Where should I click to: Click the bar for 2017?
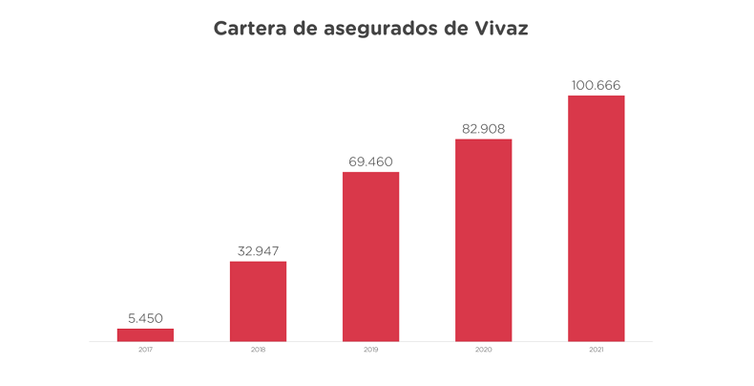click(145, 334)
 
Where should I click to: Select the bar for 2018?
click(258, 301)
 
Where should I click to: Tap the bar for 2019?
click(370, 256)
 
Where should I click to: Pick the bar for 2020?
click(483, 240)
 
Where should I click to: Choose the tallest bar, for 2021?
click(596, 218)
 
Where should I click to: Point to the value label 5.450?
click(145, 318)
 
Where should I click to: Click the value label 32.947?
click(258, 251)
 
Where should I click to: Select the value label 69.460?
click(370, 161)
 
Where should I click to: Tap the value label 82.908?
click(483, 129)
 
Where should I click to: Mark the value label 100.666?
click(596, 85)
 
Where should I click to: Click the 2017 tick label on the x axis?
click(145, 351)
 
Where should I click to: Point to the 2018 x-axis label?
click(258, 351)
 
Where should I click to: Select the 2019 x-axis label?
click(370, 351)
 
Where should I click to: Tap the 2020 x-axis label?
click(483, 351)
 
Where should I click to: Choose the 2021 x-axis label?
click(596, 351)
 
